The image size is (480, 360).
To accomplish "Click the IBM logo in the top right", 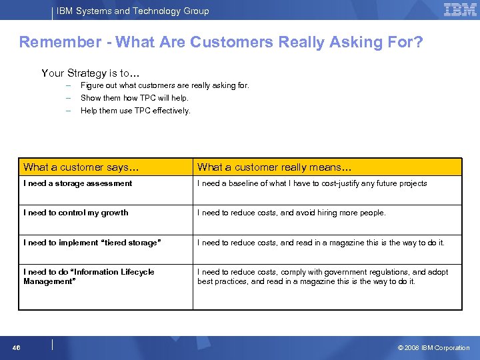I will [x=460, y=10].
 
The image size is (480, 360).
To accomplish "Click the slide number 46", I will [x=16, y=347].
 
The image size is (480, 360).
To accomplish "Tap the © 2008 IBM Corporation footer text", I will [x=433, y=347].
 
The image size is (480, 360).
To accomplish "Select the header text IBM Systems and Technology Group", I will [x=133, y=11].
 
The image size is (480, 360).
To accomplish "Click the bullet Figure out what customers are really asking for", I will [x=165, y=85].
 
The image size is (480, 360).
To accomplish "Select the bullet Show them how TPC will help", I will [x=134, y=98].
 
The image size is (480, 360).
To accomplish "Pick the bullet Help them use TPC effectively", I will [x=135, y=111].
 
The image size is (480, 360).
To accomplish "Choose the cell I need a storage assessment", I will [x=78, y=183].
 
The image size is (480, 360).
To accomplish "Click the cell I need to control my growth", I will [x=76, y=213].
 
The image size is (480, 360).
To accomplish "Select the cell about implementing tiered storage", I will [x=92, y=243].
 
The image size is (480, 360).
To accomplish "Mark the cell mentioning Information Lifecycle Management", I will [x=89, y=277].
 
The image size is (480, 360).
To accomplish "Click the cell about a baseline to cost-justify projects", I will [x=312, y=183].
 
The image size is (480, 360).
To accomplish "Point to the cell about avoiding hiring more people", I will [x=291, y=213].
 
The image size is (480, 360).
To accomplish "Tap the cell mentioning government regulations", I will [x=323, y=277].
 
